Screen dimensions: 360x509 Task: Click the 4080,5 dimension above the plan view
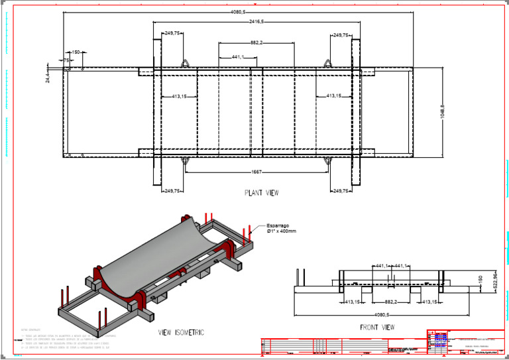238,12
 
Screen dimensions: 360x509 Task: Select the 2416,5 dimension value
256,22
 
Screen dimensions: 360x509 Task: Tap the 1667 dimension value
256,172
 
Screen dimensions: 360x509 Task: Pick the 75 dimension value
66,60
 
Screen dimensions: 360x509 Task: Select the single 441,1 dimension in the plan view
239,57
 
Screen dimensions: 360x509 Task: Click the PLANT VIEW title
261,194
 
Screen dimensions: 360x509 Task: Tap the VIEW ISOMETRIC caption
181,332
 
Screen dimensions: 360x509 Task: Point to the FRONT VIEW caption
378,327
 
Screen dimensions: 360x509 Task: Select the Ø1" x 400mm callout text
282,231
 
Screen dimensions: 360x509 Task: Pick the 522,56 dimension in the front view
494,279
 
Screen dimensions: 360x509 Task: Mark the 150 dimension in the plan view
76,52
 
